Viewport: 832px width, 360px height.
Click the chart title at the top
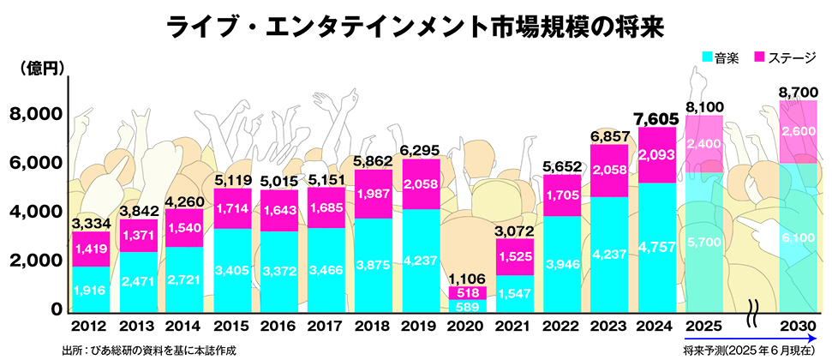coord(415,27)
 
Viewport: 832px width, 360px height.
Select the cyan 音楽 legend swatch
coord(708,57)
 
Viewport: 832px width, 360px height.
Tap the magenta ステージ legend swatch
coord(760,57)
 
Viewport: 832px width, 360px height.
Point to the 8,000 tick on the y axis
coord(37,114)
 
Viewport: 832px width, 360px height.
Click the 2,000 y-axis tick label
coord(37,261)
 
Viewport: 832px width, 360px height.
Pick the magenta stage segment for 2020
coord(466,292)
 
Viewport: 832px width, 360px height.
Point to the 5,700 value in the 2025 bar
coord(704,243)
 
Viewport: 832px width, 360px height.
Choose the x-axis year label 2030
coord(798,327)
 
